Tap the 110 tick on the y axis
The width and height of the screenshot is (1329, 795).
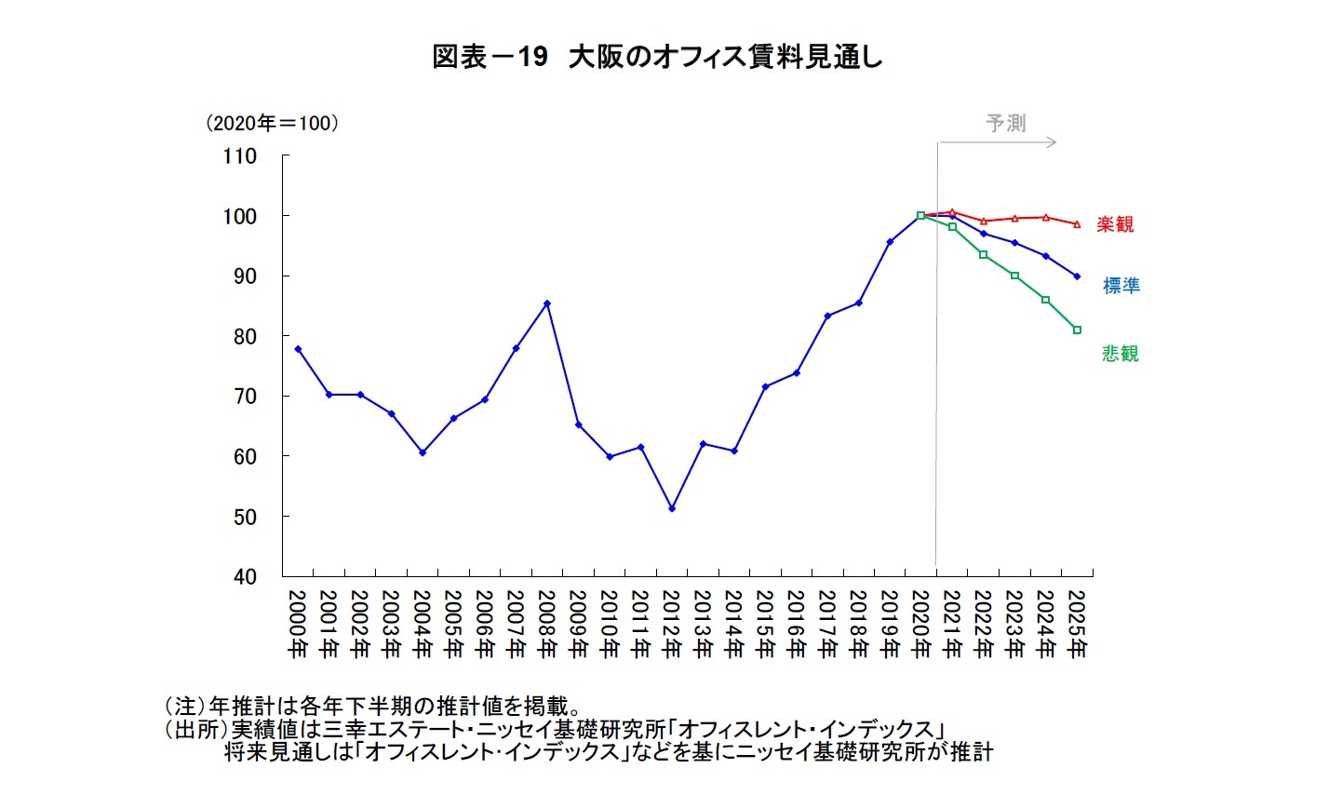[240, 156]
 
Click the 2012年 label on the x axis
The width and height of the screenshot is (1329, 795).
[672, 624]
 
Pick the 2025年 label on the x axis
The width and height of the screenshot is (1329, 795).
[1077, 624]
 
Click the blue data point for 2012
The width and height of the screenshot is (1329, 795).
[672, 508]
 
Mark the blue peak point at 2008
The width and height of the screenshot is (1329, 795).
[547, 303]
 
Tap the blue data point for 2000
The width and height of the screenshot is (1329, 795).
[298, 349]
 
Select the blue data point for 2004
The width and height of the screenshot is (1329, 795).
[423, 452]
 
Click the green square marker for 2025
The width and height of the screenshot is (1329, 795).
[1077, 330]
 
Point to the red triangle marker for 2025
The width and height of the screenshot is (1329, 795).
[1077, 224]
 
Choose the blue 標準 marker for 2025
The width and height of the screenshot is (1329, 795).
[1077, 276]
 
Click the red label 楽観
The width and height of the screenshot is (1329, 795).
[1115, 224]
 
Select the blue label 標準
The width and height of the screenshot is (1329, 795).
[1121, 286]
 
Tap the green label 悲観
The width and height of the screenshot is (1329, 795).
[1121, 354]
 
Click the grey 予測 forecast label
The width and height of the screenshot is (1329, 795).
[1006, 123]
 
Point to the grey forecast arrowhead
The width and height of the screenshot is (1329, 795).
[1053, 142]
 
